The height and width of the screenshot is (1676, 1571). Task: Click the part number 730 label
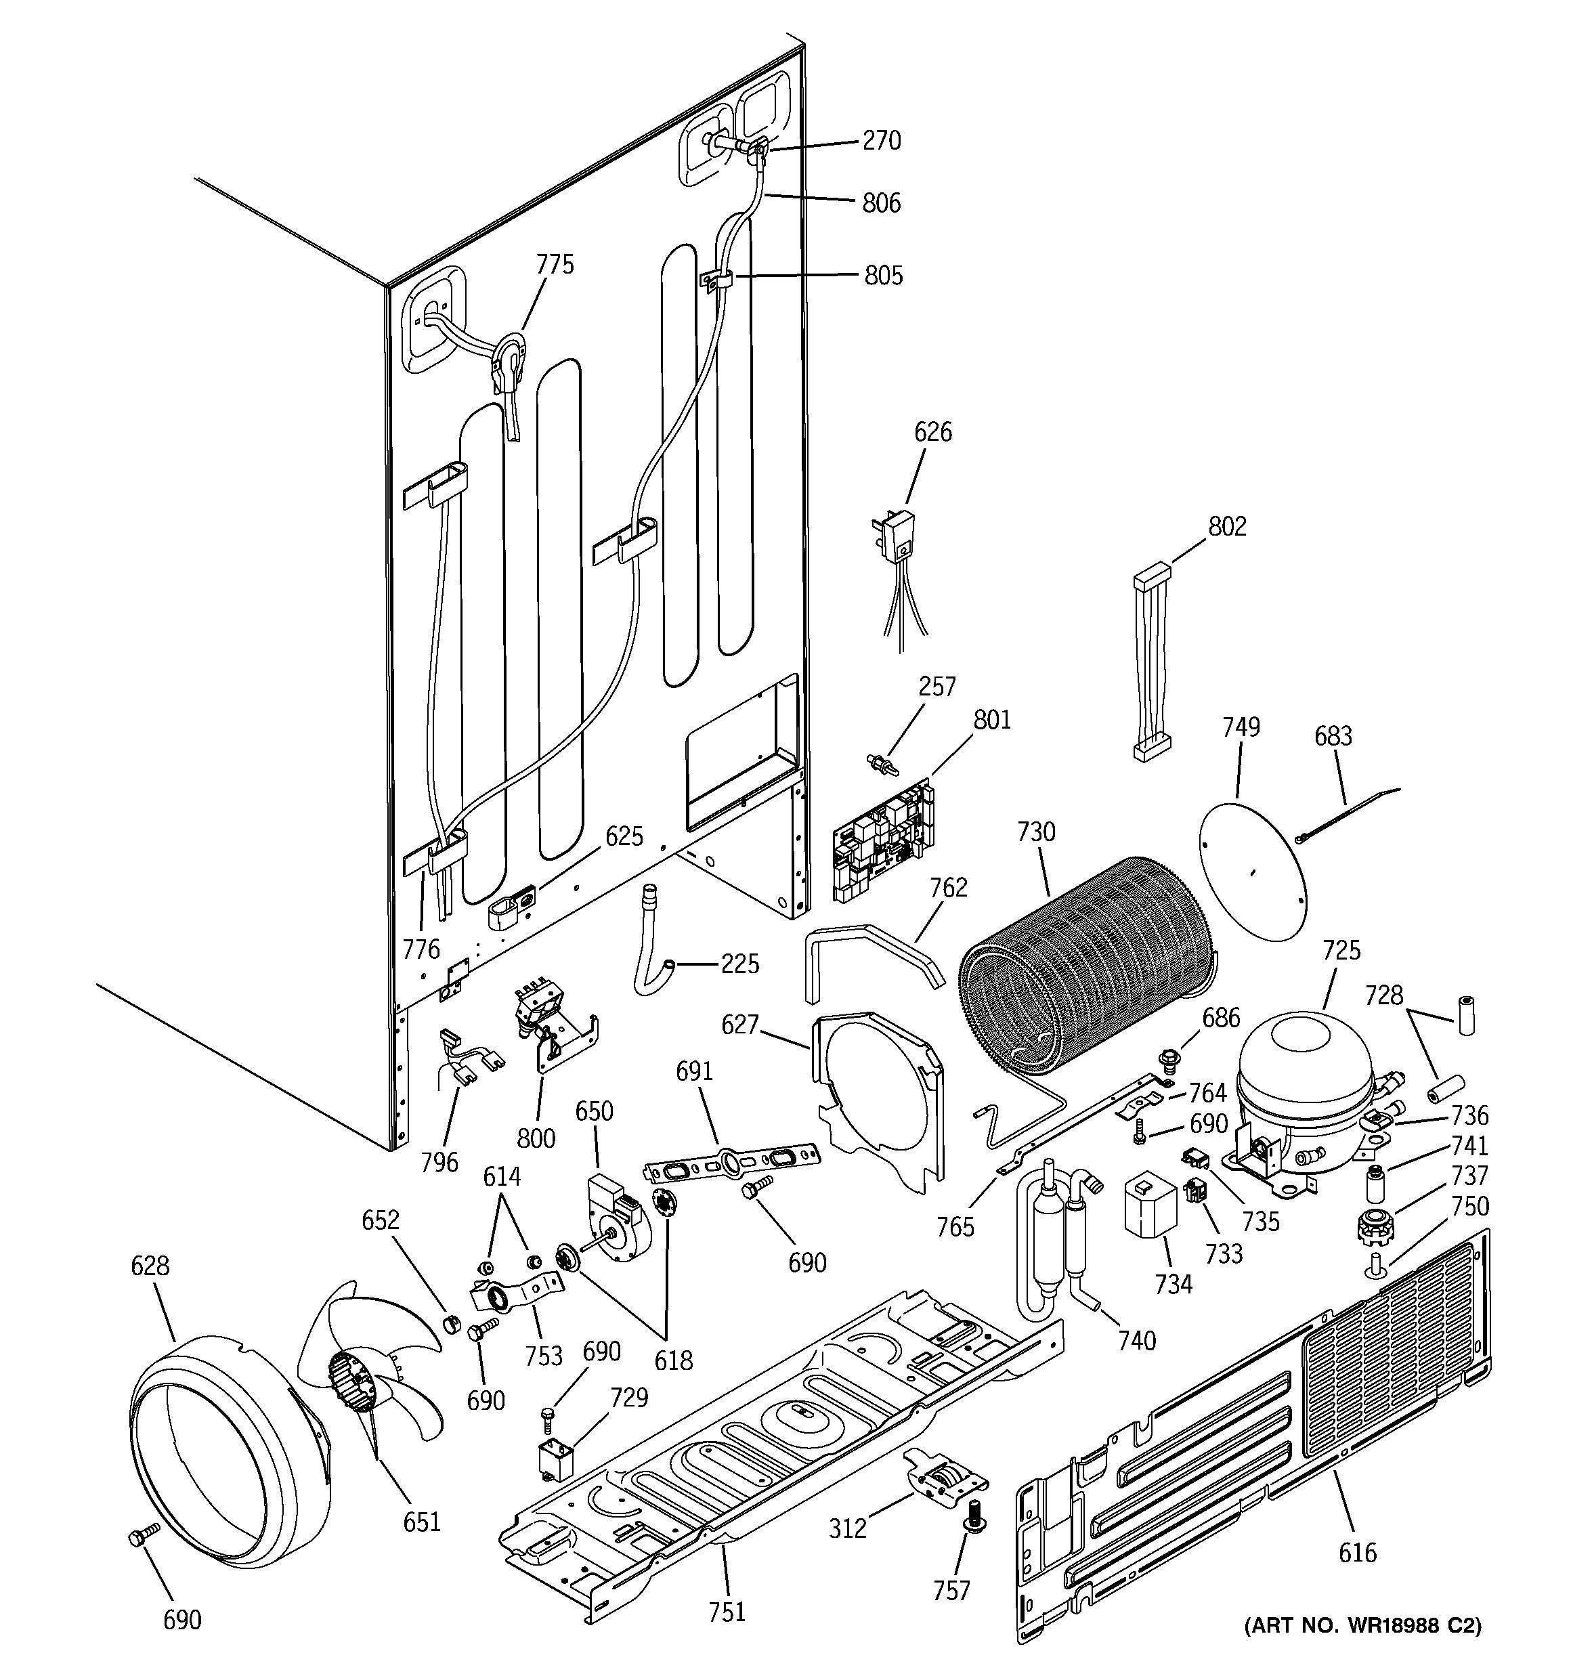click(1035, 832)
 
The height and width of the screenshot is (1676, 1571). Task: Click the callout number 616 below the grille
click(1357, 1552)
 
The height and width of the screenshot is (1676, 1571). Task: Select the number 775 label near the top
click(555, 265)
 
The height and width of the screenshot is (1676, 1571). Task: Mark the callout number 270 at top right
click(881, 140)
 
